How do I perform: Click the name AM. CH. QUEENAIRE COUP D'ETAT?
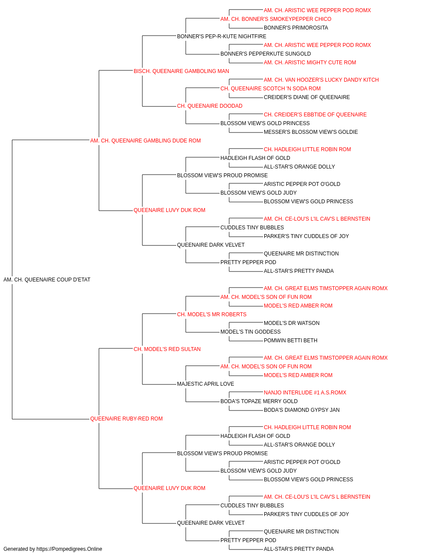47,280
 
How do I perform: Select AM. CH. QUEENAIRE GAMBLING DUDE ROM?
145,141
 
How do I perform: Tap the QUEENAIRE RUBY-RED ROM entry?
127,419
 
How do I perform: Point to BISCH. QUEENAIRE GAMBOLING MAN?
181,71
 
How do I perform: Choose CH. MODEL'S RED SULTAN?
167,349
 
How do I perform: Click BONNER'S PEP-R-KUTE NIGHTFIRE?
222,36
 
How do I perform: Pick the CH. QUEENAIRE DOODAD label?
210,106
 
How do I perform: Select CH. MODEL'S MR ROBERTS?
212,314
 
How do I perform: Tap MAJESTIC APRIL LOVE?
205,384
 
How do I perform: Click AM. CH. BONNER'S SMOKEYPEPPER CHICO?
276,19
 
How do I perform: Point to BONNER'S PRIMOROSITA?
296,28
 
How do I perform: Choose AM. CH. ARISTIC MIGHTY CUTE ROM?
310,63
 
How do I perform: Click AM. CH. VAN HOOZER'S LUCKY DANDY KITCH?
321,80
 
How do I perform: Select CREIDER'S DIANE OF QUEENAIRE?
307,97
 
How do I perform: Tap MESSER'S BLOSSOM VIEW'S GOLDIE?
311,132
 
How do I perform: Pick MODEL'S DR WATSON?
292,323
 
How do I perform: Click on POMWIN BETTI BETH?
291,340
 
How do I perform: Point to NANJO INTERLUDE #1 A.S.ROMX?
305,393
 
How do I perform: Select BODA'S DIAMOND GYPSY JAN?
302,410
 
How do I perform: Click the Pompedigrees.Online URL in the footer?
69,549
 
